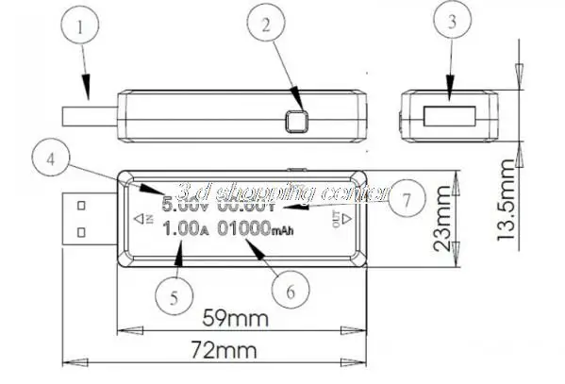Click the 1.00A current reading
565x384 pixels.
coord(185,228)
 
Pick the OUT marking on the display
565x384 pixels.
coord(338,219)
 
